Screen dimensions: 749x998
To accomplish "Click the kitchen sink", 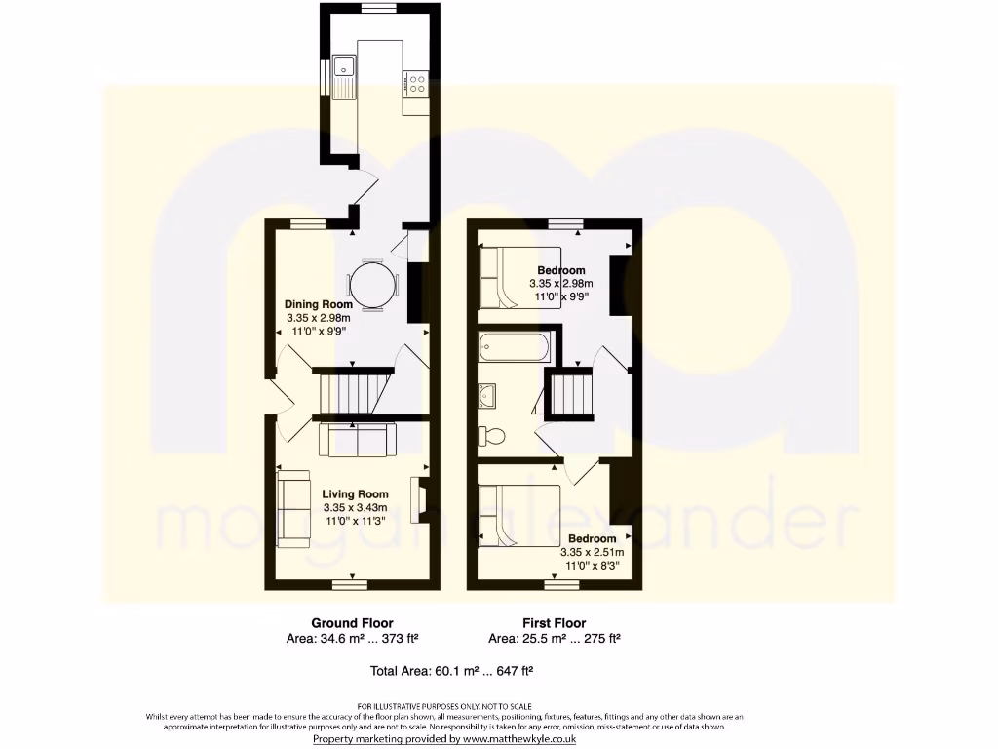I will pos(343,77).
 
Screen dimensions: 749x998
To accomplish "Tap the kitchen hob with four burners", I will pos(416,84).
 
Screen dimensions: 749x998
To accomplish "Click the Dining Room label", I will pos(318,304).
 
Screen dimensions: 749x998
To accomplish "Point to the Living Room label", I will pos(355,494).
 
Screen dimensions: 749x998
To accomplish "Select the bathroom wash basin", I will pos(488,395).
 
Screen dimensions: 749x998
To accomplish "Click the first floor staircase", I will pos(571,394).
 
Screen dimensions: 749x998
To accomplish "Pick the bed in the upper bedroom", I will pos(519,277).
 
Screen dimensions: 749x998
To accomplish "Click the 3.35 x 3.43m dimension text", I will pos(355,507).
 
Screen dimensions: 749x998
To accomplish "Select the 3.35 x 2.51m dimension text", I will pos(593,552).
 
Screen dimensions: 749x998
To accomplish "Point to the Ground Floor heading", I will pos(352,623).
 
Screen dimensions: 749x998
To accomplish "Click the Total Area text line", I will pos(450,671).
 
